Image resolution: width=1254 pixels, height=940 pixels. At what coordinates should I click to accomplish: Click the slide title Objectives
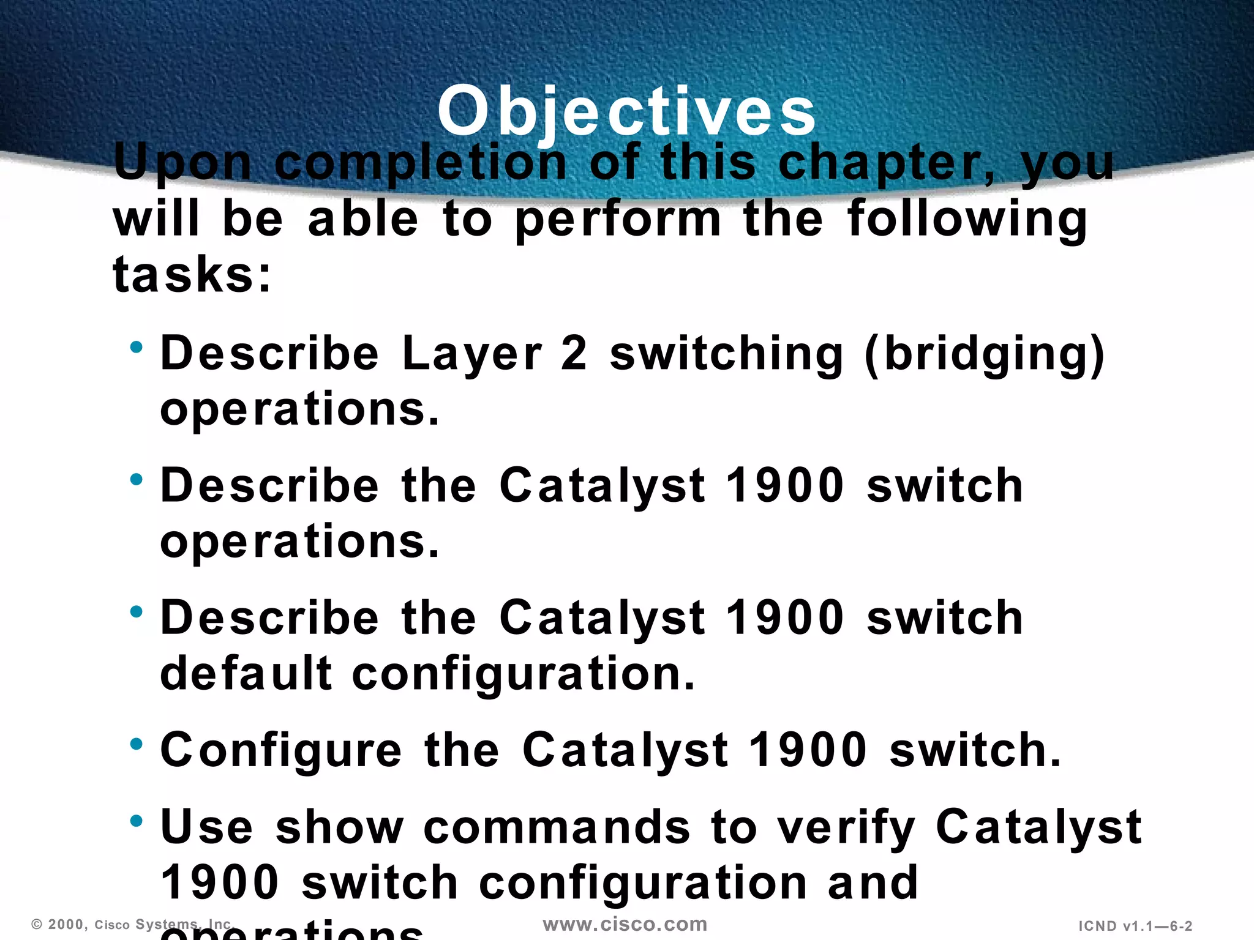(626, 111)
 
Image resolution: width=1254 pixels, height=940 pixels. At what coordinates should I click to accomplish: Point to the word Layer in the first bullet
(471, 354)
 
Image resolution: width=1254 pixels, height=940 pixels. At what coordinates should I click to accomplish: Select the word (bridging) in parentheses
(985, 354)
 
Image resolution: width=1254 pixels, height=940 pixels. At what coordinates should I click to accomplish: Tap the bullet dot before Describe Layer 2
(136, 348)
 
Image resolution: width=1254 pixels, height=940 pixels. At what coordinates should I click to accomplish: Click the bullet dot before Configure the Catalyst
(136, 744)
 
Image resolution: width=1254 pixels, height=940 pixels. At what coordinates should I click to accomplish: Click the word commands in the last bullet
(557, 827)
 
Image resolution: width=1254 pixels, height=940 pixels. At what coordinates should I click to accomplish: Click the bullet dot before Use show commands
(136, 821)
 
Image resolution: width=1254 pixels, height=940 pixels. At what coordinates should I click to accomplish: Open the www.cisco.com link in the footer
(625, 924)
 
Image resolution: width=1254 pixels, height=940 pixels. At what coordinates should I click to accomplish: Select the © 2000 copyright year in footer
(59, 924)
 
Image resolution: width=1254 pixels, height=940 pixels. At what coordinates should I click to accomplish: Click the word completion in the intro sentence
(421, 163)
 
